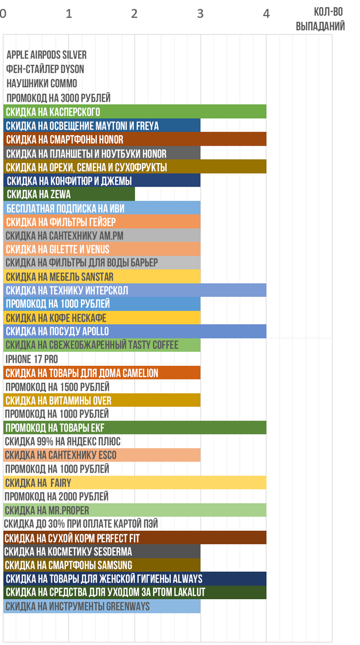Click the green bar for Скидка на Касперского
(135, 112)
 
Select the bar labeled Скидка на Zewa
(69, 194)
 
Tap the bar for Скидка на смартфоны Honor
(135, 139)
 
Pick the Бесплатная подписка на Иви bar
(102, 208)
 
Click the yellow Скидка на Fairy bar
(135, 483)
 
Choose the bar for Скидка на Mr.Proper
(135, 510)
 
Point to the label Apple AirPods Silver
(47, 55)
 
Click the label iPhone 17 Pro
(31, 359)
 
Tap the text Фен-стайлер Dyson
(45, 69)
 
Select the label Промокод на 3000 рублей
(59, 98)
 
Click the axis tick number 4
(266, 14)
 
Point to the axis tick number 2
(135, 14)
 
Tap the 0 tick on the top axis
(4, 14)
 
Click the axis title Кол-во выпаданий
(321, 20)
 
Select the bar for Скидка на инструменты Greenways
(102, 606)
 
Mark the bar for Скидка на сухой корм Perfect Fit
(135, 538)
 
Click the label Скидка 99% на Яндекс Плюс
(63, 442)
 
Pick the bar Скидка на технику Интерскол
(135, 291)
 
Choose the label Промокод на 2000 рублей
(57, 497)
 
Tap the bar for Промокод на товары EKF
(135, 428)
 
